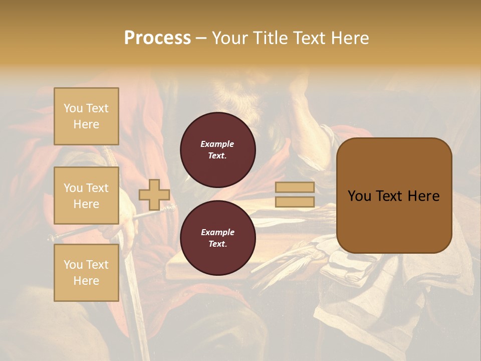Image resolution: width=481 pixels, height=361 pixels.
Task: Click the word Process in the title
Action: (157, 38)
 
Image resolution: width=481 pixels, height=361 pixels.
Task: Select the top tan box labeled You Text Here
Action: (86, 116)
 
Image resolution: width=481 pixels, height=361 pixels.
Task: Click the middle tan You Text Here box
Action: (86, 196)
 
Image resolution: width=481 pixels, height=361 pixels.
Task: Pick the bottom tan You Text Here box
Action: (86, 273)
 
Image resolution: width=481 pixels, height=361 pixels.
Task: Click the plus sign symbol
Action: (154, 195)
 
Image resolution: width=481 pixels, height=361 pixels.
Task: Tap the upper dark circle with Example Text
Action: (218, 149)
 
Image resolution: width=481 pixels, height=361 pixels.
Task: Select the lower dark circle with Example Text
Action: (218, 238)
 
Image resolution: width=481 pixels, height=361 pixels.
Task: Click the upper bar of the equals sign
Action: (295, 187)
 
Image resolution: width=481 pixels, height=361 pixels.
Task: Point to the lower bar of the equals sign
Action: (295, 202)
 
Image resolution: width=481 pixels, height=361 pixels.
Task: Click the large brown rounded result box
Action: (394, 196)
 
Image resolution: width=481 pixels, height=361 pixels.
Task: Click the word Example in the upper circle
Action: (217, 144)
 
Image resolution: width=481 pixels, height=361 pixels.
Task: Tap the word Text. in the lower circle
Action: (217, 244)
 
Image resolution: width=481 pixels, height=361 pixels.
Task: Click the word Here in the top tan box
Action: (86, 124)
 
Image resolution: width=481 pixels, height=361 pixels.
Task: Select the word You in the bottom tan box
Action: (73, 265)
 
